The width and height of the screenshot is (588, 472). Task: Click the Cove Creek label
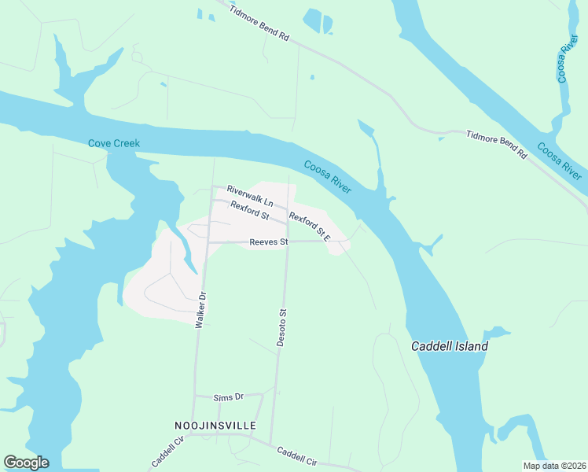point(114,143)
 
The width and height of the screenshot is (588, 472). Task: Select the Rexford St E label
point(310,224)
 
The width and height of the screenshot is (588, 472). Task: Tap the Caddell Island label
point(450,346)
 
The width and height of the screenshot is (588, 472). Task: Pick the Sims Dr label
point(230,398)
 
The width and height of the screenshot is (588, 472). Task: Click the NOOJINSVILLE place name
point(215,425)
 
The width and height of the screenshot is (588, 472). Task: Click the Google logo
point(26,463)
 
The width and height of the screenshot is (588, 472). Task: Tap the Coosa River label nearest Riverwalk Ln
point(328,176)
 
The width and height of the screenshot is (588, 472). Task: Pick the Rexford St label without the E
point(250,211)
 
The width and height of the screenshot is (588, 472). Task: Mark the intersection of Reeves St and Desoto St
point(286,242)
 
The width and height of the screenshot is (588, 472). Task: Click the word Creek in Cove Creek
point(127,143)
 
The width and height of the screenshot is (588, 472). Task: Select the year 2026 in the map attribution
point(572,466)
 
